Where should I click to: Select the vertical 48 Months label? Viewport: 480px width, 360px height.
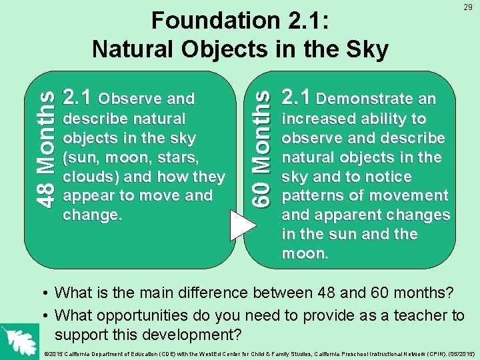click(x=45, y=149)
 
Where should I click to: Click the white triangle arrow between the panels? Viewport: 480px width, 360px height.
click(x=243, y=223)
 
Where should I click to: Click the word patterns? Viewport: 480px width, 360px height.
click(x=311, y=196)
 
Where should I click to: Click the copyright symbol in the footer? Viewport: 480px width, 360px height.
click(x=44, y=353)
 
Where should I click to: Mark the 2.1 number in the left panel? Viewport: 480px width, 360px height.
click(x=77, y=99)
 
